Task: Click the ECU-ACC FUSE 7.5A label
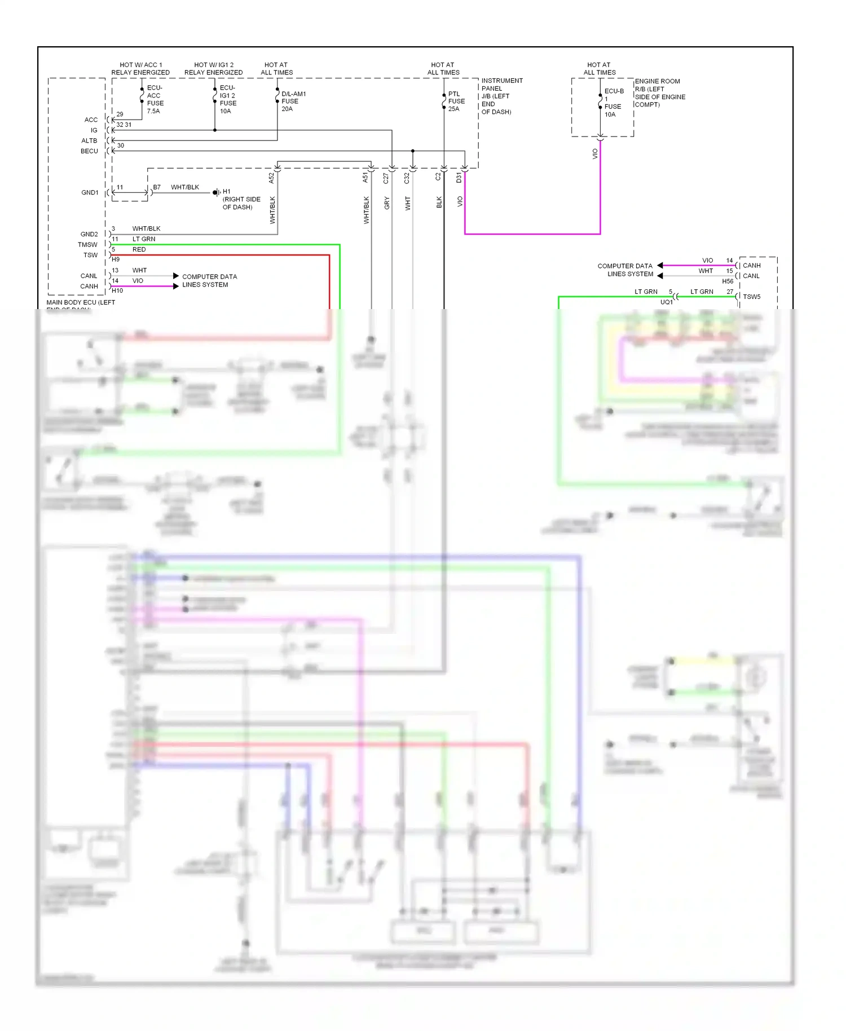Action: (x=155, y=99)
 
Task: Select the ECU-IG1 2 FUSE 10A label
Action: (x=228, y=99)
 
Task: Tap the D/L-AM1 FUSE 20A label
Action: (x=293, y=102)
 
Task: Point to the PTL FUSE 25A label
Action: (x=456, y=102)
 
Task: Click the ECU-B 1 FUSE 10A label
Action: (x=613, y=103)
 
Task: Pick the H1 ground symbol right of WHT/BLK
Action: (x=216, y=193)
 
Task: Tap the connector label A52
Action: (x=271, y=178)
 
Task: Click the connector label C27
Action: (x=386, y=178)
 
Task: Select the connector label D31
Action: (x=459, y=178)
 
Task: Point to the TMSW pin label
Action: (x=87, y=245)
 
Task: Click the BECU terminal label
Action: (x=89, y=151)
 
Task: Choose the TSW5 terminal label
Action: (x=751, y=297)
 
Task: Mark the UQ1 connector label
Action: (x=666, y=302)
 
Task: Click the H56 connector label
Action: (x=728, y=281)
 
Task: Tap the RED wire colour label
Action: (x=139, y=249)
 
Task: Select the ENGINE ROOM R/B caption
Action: (x=659, y=93)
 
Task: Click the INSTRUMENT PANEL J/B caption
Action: (x=501, y=96)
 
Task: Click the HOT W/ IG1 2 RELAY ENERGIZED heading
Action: (x=213, y=69)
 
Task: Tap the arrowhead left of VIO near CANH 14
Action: (x=660, y=265)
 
